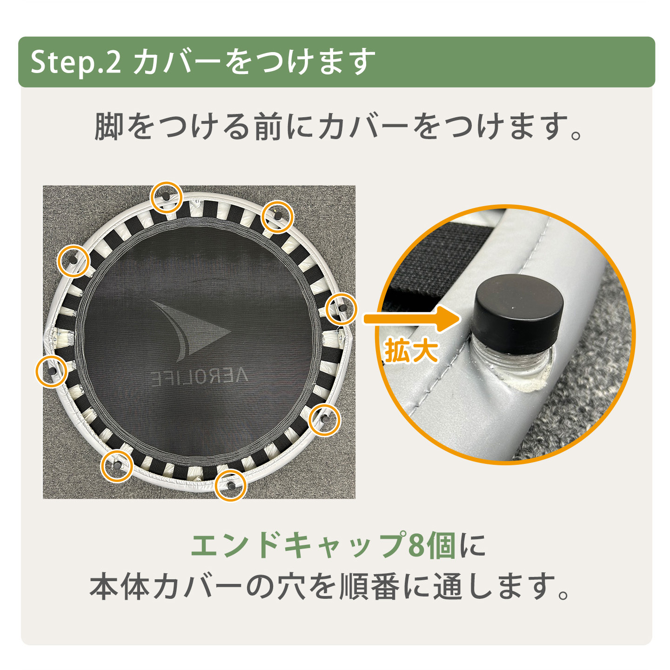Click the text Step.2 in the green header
[75, 62]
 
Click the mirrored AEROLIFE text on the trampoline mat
[200, 377]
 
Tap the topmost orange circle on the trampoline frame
[167, 197]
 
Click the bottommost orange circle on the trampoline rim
[231, 485]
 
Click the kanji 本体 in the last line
[120, 587]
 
